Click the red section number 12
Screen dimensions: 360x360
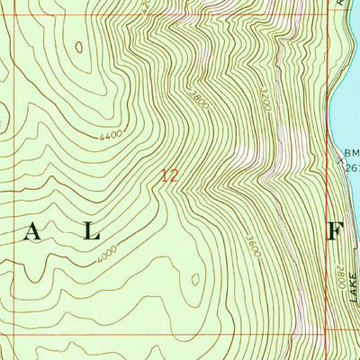(168, 176)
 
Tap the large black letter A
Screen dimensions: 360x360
(32, 232)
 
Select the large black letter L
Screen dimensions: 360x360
(90, 232)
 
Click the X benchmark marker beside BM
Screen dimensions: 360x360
(341, 163)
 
